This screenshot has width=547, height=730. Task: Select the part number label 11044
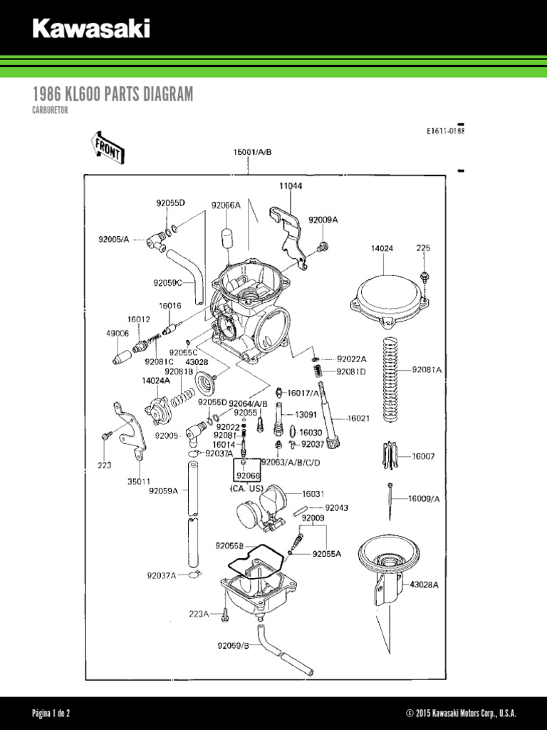(290, 186)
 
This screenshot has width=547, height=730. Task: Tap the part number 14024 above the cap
(382, 249)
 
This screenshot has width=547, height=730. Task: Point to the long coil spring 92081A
(389, 371)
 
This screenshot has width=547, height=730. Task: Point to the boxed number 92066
(248, 475)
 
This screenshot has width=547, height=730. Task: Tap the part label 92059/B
(234, 646)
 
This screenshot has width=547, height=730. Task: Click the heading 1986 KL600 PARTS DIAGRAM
(113, 95)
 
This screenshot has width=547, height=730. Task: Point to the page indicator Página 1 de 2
(51, 714)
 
